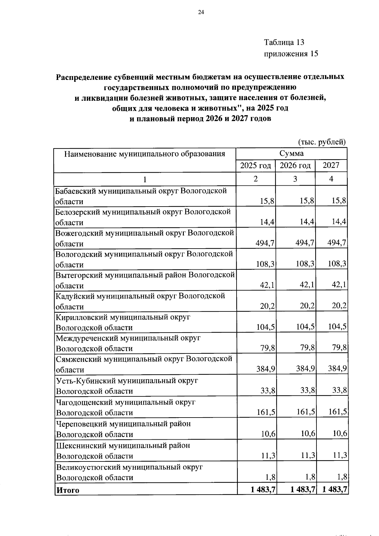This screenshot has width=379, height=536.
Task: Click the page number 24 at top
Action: click(x=201, y=12)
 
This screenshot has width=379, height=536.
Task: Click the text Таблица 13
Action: click(x=284, y=42)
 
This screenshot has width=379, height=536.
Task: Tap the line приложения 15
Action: click(x=291, y=54)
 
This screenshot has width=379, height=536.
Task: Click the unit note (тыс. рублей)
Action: click(x=322, y=142)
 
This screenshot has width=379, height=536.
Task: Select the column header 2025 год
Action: click(x=256, y=165)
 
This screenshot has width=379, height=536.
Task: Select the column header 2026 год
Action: click(x=295, y=165)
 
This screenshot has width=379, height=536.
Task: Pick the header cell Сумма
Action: click(x=291, y=154)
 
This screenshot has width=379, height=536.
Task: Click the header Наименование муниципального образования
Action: click(x=145, y=154)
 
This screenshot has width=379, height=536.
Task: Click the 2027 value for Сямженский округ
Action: click(x=337, y=368)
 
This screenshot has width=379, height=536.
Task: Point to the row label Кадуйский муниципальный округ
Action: click(x=140, y=296)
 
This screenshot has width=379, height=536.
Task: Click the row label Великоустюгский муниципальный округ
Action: click(x=129, y=467)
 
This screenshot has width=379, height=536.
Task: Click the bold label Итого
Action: click(x=68, y=490)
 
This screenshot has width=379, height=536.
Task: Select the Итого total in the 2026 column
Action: click(x=304, y=489)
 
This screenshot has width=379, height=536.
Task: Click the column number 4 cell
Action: click(x=331, y=179)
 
